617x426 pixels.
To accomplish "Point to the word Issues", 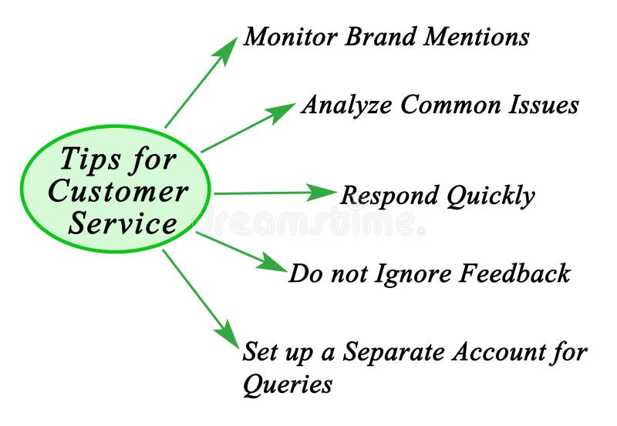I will (545, 105).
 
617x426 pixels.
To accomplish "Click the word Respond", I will (389, 196).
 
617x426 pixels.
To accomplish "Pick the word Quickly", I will (491, 196).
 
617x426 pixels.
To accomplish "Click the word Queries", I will (288, 384).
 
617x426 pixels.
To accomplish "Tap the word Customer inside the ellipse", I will (117, 191).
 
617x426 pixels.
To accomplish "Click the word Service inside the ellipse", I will (123, 223).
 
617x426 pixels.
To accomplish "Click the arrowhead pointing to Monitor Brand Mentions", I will (228, 49).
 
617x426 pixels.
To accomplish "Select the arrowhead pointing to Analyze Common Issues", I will (282, 111).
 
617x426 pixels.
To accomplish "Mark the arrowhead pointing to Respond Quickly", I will (324, 193).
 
